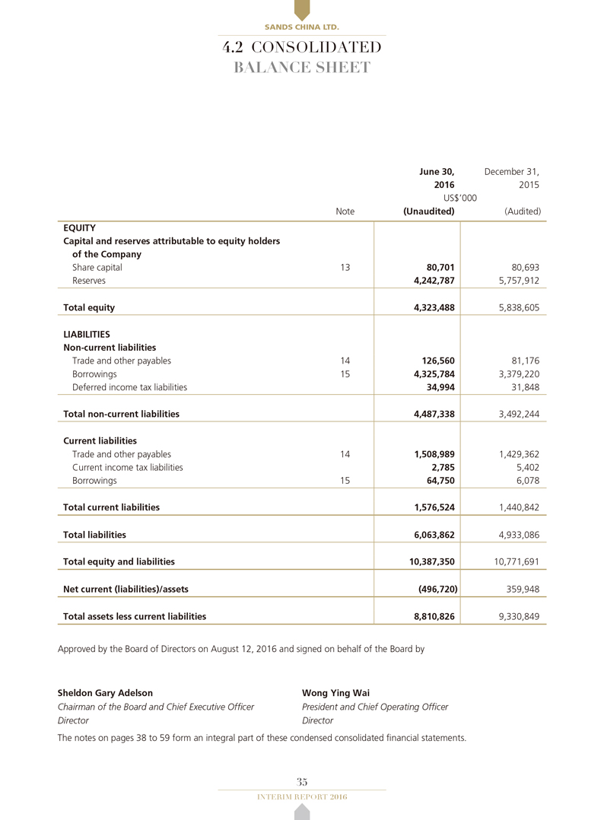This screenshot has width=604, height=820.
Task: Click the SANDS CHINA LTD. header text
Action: pyautogui.click(x=302, y=27)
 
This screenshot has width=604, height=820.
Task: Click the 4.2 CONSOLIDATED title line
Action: pyautogui.click(x=302, y=48)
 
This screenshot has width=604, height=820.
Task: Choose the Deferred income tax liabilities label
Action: pyautogui.click(x=129, y=387)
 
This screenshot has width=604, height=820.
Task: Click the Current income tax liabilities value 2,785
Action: pyautogui.click(x=443, y=467)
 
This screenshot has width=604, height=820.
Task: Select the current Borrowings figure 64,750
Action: pyautogui.click(x=439, y=481)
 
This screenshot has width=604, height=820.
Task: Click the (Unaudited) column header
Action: pyautogui.click(x=428, y=211)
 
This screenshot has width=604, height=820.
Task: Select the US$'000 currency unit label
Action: pyautogui.click(x=460, y=198)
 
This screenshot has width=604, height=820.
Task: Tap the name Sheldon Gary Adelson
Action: pyautogui.click(x=105, y=693)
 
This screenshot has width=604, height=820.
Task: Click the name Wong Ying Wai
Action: pyautogui.click(x=335, y=693)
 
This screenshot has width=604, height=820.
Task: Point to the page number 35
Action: pyautogui.click(x=302, y=782)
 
